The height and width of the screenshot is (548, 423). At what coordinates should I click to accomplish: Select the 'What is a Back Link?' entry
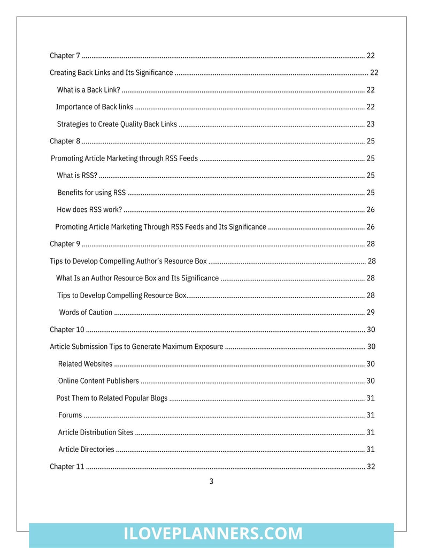pos(88,90)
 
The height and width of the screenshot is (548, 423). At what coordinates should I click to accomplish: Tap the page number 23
pos(370,124)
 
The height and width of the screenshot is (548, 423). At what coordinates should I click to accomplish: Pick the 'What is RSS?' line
pos(77,176)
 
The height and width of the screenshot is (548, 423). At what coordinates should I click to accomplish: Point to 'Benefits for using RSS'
pos(91,193)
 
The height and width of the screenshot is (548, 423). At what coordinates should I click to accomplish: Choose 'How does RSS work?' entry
pos(89,210)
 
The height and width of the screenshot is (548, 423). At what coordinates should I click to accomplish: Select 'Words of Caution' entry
pos(86,313)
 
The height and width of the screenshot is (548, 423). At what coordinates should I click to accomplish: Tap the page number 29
pos(370,313)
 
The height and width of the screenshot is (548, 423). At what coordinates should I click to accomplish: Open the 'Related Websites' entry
pos(85,364)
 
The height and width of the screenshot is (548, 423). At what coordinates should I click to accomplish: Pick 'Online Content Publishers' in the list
pos(98,381)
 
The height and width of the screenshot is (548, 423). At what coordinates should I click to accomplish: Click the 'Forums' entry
pos(70,415)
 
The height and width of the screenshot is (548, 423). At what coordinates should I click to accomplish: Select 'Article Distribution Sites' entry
pos(96,432)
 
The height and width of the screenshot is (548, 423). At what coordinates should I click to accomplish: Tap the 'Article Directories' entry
pos(86,450)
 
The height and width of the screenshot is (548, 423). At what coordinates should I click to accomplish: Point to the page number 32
pos(370,467)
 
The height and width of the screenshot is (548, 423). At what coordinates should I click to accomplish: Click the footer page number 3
pos(211,482)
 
